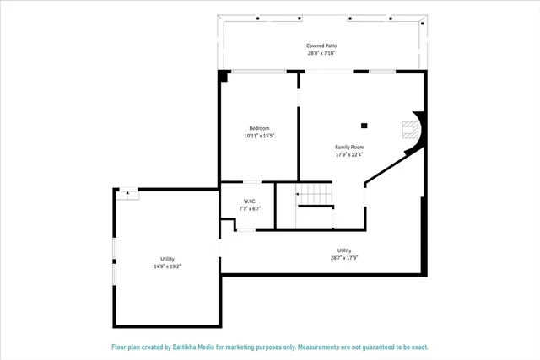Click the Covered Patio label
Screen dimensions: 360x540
pos(321,46)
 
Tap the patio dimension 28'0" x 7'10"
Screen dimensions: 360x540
pos(321,53)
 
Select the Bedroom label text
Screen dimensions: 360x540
pos(258,127)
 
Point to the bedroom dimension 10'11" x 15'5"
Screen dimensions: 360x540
pos(258,135)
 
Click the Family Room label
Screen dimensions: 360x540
pos(349,147)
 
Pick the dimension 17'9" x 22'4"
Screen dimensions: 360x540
pos(349,154)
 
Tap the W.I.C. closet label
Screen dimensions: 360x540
pos(251,201)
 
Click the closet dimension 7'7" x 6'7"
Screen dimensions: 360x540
pos(251,208)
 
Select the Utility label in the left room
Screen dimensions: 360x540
pos(167,259)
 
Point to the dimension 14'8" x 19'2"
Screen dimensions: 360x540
pos(167,266)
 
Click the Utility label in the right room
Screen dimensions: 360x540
pos(344,250)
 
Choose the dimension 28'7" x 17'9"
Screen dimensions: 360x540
pos(344,257)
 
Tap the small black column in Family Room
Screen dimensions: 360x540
pos(364,126)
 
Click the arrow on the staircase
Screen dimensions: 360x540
pos(298,194)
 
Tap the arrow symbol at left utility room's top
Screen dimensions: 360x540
pos(128,192)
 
